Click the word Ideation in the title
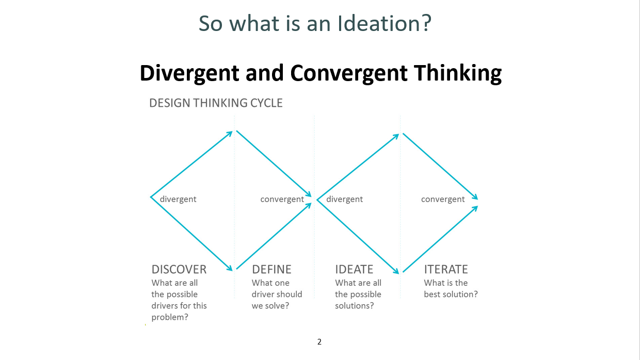pyautogui.click(x=384, y=23)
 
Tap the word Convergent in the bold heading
pyautogui.click(x=348, y=73)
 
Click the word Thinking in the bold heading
pyautogui.click(x=458, y=73)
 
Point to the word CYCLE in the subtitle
pyautogui.click(x=266, y=103)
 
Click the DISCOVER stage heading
pyautogui.click(x=179, y=270)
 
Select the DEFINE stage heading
pyautogui.click(x=271, y=270)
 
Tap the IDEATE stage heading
pyautogui.click(x=354, y=270)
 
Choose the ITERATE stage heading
pyautogui.click(x=446, y=270)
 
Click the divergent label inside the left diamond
pyautogui.click(x=178, y=199)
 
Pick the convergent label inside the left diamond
pyautogui.click(x=282, y=199)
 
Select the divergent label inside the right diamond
pyautogui.click(x=345, y=199)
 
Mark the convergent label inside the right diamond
pyautogui.click(x=443, y=199)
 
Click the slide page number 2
pyautogui.click(x=319, y=342)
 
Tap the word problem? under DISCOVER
pyautogui.click(x=170, y=318)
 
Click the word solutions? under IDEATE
pyautogui.click(x=354, y=306)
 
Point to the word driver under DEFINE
pyautogui.click(x=261, y=294)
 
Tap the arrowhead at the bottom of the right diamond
pyautogui.click(x=396, y=271)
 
